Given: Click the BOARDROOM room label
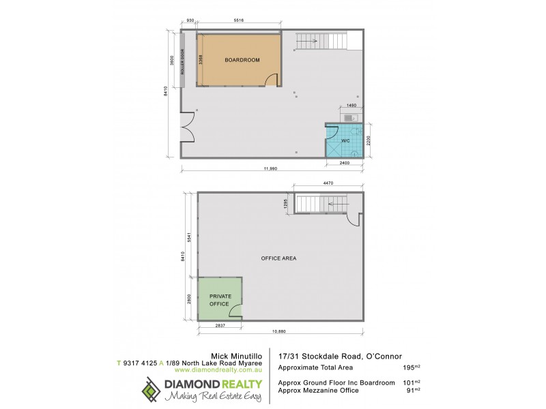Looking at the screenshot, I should (242, 60).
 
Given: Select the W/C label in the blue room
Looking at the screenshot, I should (345, 141).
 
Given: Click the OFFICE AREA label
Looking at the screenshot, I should (278, 258).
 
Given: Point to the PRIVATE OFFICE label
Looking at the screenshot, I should (220, 299).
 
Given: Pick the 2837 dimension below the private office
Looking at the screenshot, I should (220, 327).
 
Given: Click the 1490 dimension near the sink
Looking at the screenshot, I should (351, 106).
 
